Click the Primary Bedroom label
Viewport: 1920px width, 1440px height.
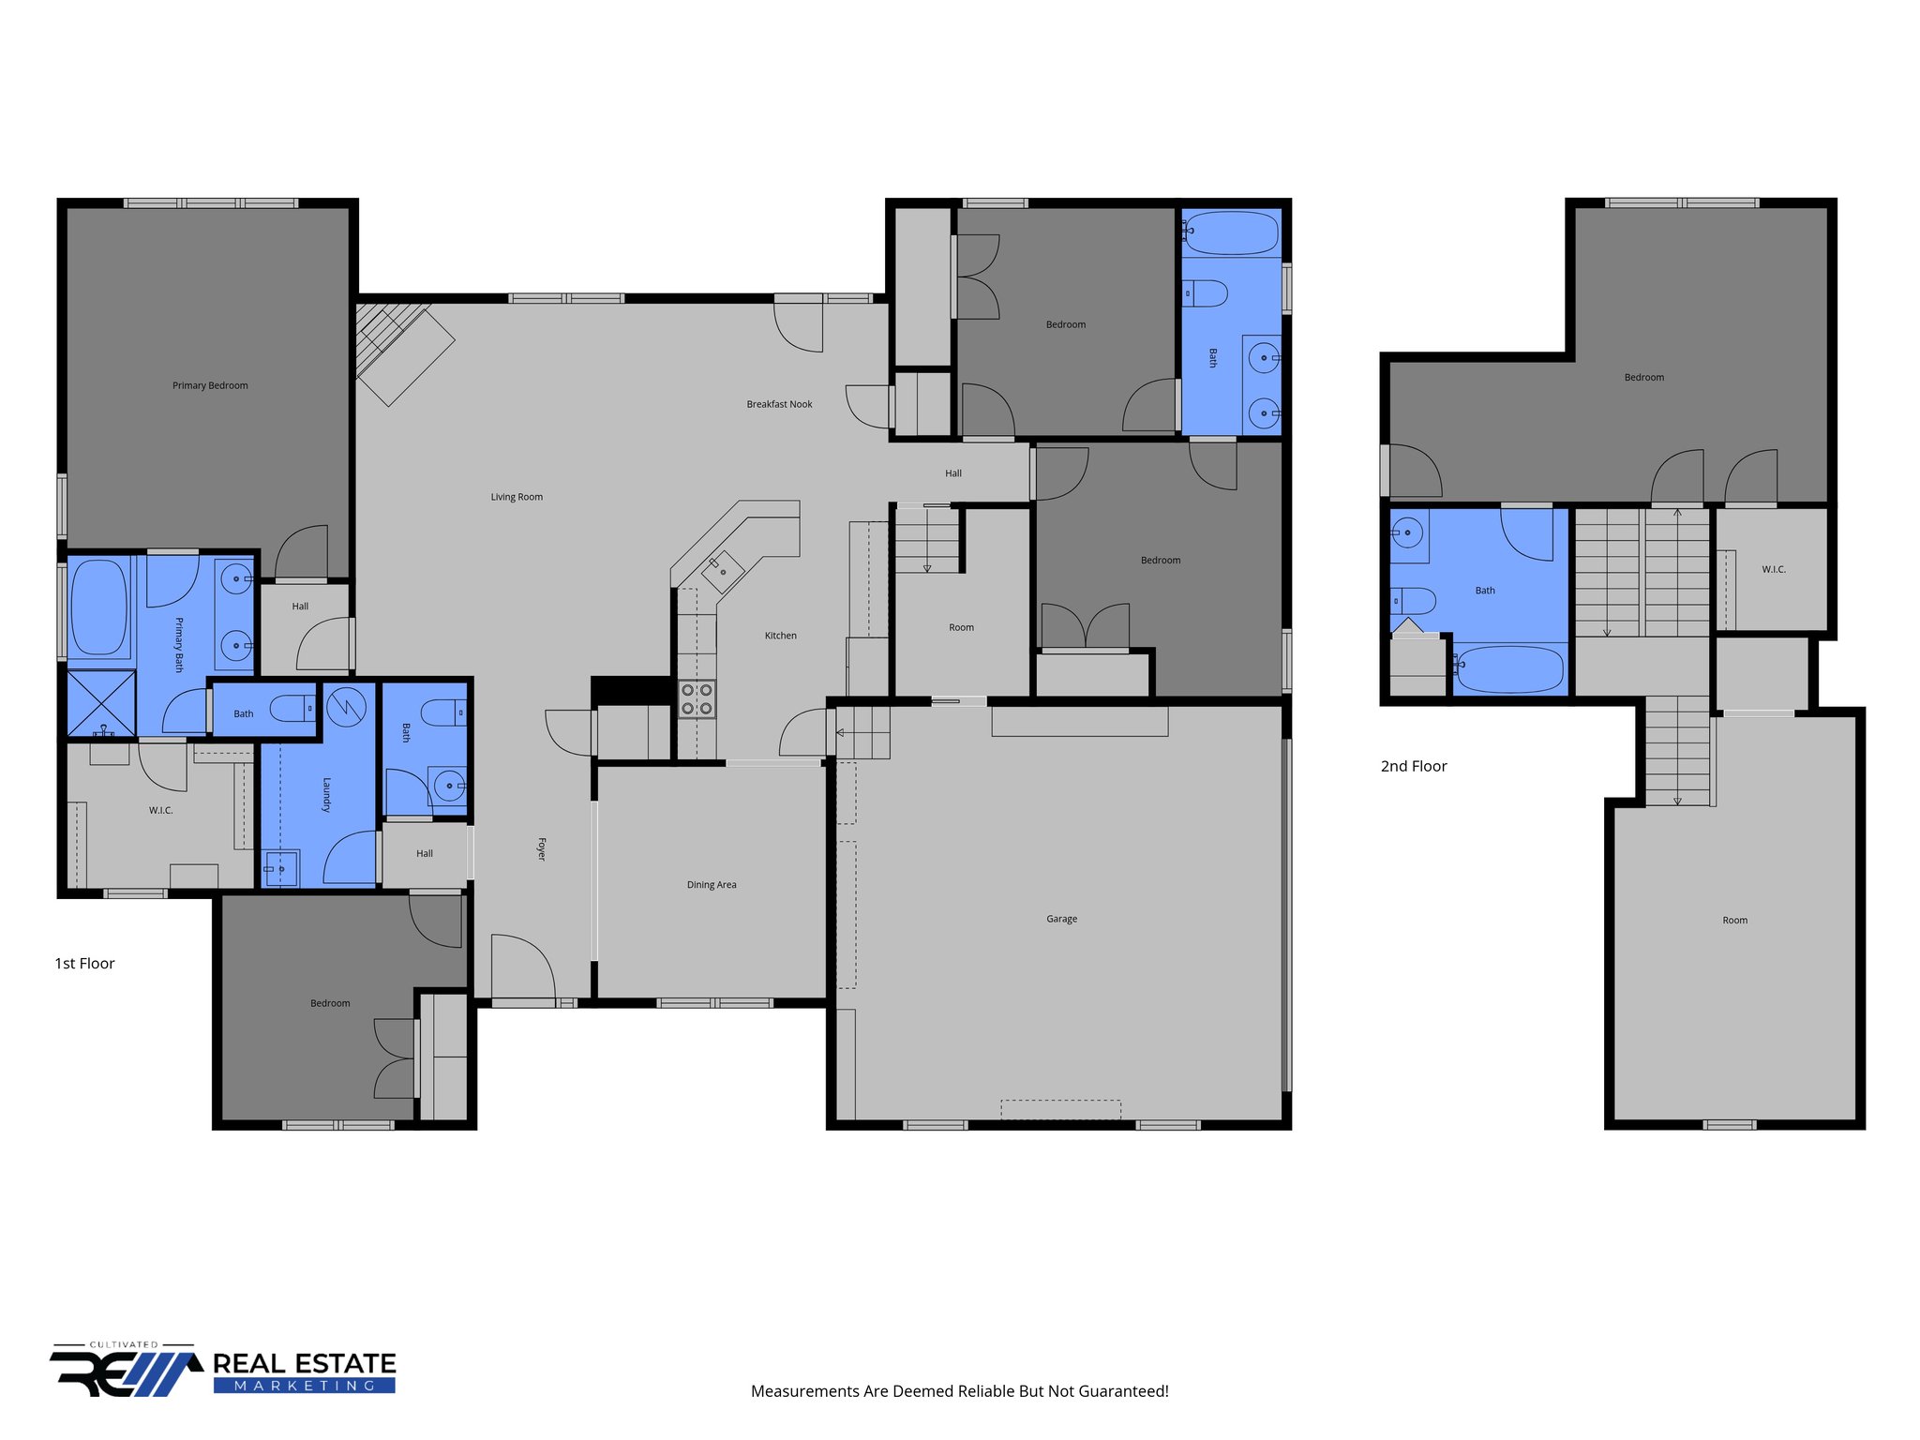click(210, 385)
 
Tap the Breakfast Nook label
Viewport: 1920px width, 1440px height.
click(779, 404)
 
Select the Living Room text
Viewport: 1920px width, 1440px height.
click(517, 497)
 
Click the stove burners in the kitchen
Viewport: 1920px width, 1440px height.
click(697, 698)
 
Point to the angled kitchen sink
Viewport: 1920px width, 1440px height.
click(723, 570)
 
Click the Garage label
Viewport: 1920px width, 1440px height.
click(1061, 919)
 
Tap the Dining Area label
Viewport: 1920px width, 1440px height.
click(712, 885)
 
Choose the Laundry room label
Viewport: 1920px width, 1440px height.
click(326, 794)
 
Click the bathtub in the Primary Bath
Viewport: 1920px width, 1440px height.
click(98, 607)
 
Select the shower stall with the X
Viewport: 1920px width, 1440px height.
click(101, 702)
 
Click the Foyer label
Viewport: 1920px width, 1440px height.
click(541, 848)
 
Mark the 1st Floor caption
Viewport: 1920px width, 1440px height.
click(84, 964)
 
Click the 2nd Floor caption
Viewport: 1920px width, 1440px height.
click(1414, 766)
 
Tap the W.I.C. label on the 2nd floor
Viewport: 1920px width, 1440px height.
click(1773, 569)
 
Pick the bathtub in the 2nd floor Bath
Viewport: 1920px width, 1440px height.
click(1510, 668)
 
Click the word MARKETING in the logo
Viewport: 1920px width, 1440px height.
click(304, 1386)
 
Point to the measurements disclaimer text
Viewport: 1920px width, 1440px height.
click(959, 1391)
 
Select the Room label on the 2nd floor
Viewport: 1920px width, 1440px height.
click(1734, 921)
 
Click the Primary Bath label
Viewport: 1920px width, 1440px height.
click(179, 644)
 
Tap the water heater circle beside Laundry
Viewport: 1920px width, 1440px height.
click(345, 707)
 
